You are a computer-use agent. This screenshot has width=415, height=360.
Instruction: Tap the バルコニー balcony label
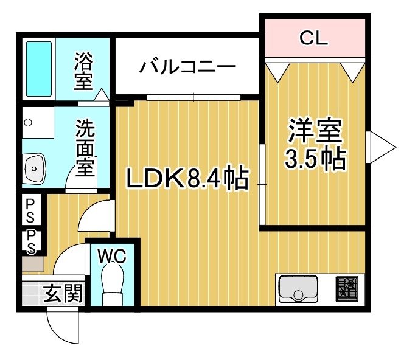[x=187, y=66]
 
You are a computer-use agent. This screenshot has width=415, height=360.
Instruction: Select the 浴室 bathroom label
[x=83, y=72]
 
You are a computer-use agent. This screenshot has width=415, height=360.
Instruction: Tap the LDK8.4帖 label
[x=187, y=178]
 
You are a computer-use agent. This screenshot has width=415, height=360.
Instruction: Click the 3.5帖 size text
[x=315, y=159]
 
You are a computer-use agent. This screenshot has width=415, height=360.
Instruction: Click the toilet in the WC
[x=113, y=287]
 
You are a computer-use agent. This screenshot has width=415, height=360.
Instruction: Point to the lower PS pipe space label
[x=30, y=241]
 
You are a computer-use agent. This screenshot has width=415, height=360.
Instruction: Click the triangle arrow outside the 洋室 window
[x=383, y=146]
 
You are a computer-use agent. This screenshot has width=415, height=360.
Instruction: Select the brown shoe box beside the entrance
[x=33, y=265]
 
